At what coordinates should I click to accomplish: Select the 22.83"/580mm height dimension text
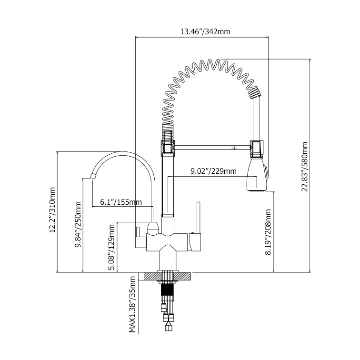pyautogui.click(x=306, y=167)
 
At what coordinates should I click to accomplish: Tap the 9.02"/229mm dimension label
pyautogui.click(x=213, y=171)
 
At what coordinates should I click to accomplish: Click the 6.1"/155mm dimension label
pyautogui.click(x=121, y=202)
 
